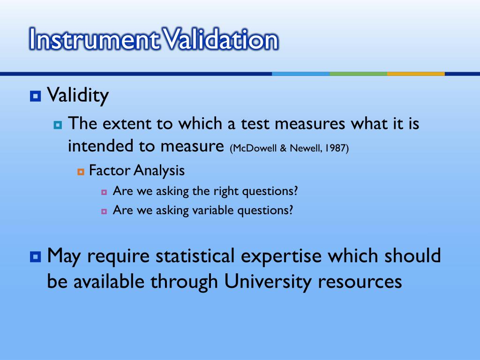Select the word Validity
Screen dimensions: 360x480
78,96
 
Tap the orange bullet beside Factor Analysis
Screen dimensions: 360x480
81,172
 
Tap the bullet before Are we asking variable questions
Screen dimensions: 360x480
104,211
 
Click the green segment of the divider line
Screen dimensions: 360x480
358,74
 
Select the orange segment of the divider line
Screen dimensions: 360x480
416,74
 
